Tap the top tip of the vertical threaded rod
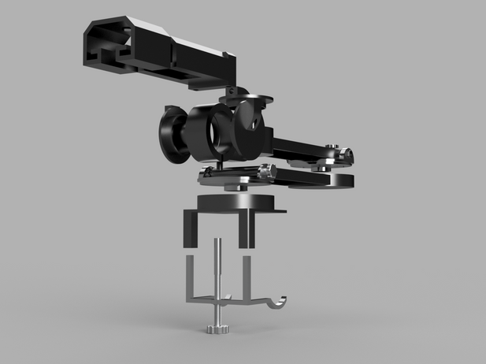pyautogui.click(x=217, y=240)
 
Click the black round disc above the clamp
pyautogui.click(x=235, y=200)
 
